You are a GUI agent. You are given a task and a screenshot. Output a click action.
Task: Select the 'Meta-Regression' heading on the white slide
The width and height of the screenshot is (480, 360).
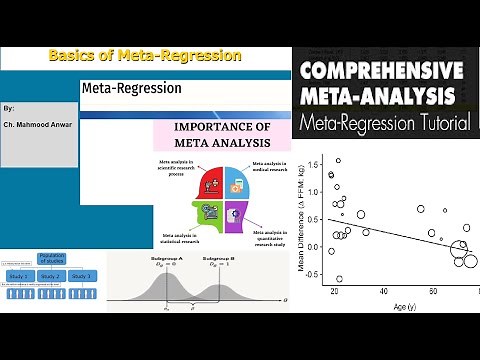132,89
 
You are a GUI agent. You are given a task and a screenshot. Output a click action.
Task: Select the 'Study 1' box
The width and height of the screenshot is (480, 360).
19,276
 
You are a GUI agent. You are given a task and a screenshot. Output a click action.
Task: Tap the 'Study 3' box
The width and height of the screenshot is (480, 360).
81,276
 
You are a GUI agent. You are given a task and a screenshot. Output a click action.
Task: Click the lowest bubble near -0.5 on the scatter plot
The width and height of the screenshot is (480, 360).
339,279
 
